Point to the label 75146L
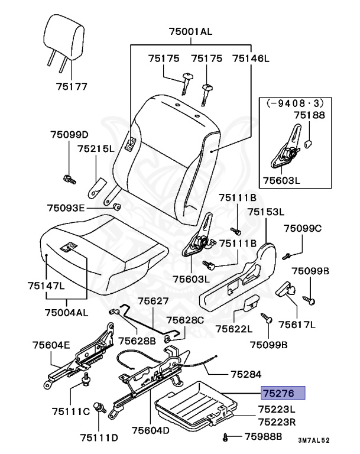(251, 59)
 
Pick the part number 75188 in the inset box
(310, 115)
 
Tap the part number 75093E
(66, 207)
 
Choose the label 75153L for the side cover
(265, 212)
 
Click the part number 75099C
(302, 228)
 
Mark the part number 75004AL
(67, 312)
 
